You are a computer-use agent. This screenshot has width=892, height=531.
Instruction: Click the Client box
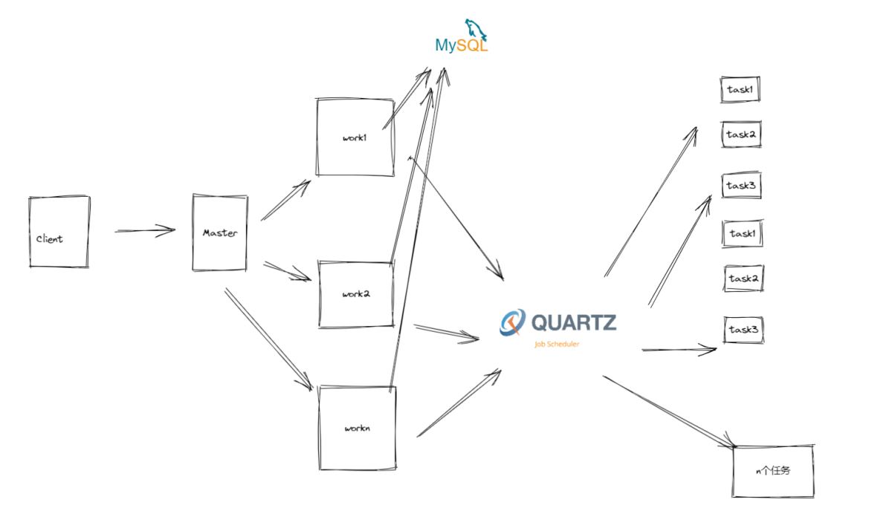(x=59, y=232)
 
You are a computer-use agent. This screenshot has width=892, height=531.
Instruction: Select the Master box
(x=220, y=233)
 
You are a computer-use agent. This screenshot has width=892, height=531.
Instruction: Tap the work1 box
(x=355, y=137)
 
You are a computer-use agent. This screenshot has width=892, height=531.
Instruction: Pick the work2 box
(x=355, y=294)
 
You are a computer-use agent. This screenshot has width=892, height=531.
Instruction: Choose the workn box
(x=356, y=428)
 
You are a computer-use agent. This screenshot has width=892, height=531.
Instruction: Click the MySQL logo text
(x=462, y=45)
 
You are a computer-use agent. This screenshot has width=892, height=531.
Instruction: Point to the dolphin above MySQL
(x=476, y=28)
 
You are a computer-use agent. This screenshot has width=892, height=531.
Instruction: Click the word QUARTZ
(x=573, y=322)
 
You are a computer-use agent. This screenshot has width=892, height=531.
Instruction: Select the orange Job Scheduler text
(x=557, y=344)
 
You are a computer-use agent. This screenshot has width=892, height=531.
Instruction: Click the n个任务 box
(x=773, y=471)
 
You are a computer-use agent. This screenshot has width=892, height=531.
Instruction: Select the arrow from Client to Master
(x=145, y=231)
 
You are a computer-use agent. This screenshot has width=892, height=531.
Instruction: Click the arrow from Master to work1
(x=285, y=201)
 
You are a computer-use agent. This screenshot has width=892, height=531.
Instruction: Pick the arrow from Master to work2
(x=287, y=271)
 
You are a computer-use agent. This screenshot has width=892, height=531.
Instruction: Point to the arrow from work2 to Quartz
(x=446, y=333)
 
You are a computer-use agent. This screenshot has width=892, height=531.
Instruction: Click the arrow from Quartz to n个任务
(x=669, y=411)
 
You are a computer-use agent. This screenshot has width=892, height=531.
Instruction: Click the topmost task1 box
(x=740, y=90)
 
